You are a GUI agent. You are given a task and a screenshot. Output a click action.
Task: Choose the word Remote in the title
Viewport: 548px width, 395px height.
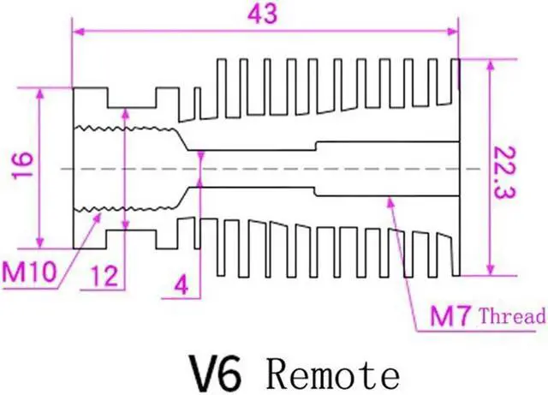[x=332, y=374]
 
